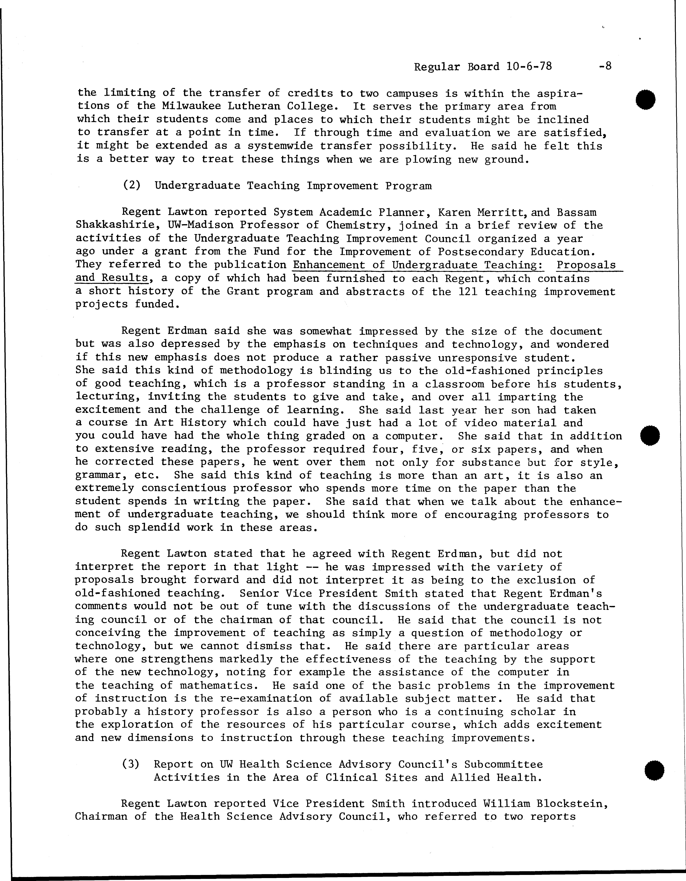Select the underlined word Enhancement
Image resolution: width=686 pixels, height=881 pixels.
point(339,265)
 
